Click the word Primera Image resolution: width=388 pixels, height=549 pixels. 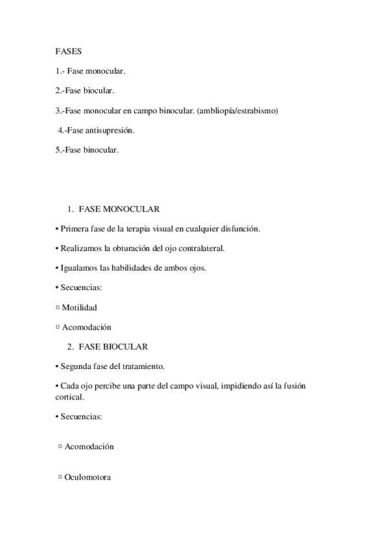pos(75,229)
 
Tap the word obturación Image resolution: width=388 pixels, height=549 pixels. pos(127,249)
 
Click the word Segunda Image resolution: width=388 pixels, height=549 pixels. pos(76,366)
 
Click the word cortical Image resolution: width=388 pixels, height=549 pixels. pos(69,398)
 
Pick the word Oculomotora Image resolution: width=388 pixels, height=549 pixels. pos(87,477)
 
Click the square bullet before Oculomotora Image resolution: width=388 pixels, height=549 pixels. pos(60,477)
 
